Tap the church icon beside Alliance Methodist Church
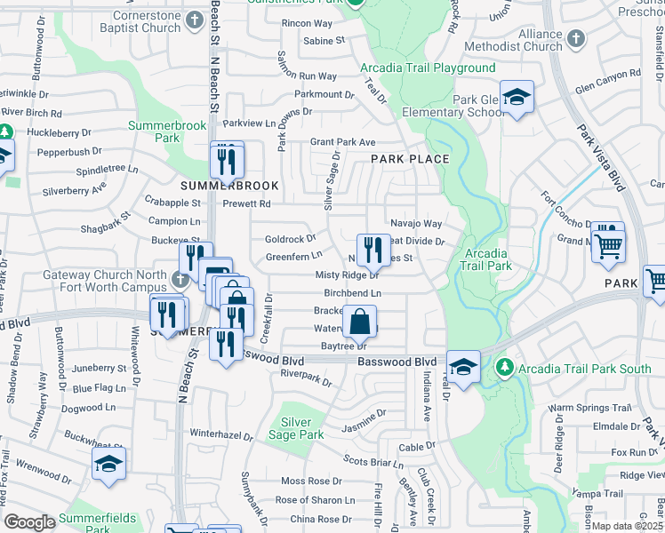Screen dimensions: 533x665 pos(576,39)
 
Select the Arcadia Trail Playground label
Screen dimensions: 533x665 pos(428,68)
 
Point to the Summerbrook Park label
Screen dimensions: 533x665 pos(167,131)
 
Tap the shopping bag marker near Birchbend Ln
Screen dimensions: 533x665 pos(361,321)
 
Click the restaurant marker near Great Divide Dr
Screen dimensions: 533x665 pos(373,247)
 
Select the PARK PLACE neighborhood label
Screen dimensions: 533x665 pos(410,159)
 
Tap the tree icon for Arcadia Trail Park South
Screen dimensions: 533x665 pos(506,366)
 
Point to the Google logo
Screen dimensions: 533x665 pos(29,522)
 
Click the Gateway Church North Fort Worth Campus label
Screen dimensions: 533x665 pos(105,282)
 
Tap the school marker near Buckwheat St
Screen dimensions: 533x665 pos(108,463)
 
